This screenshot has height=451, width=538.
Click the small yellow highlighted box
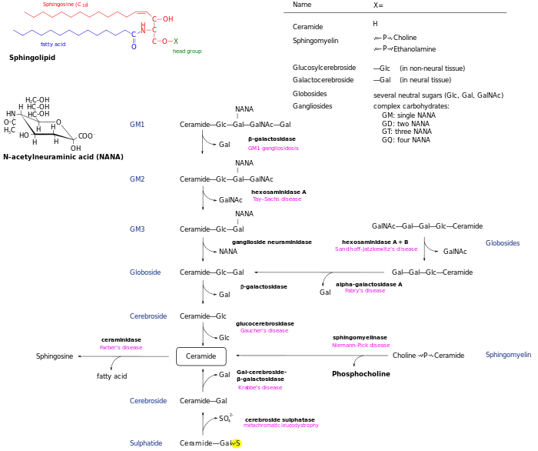237,443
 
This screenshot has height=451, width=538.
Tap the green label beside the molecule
187,52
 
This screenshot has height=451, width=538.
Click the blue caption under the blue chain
52,45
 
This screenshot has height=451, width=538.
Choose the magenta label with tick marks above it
281,426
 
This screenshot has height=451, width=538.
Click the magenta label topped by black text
362,346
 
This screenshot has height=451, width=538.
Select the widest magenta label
375,249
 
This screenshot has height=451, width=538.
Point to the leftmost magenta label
122,348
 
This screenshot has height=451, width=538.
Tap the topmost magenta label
274,149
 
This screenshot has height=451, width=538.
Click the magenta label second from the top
277,200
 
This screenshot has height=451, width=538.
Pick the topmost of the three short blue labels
138,124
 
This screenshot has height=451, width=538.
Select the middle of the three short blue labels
138,179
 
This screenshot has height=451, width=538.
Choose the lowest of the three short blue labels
138,229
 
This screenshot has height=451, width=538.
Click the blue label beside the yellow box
147,444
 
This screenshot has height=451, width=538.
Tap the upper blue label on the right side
503,243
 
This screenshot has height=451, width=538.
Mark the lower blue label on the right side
509,355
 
